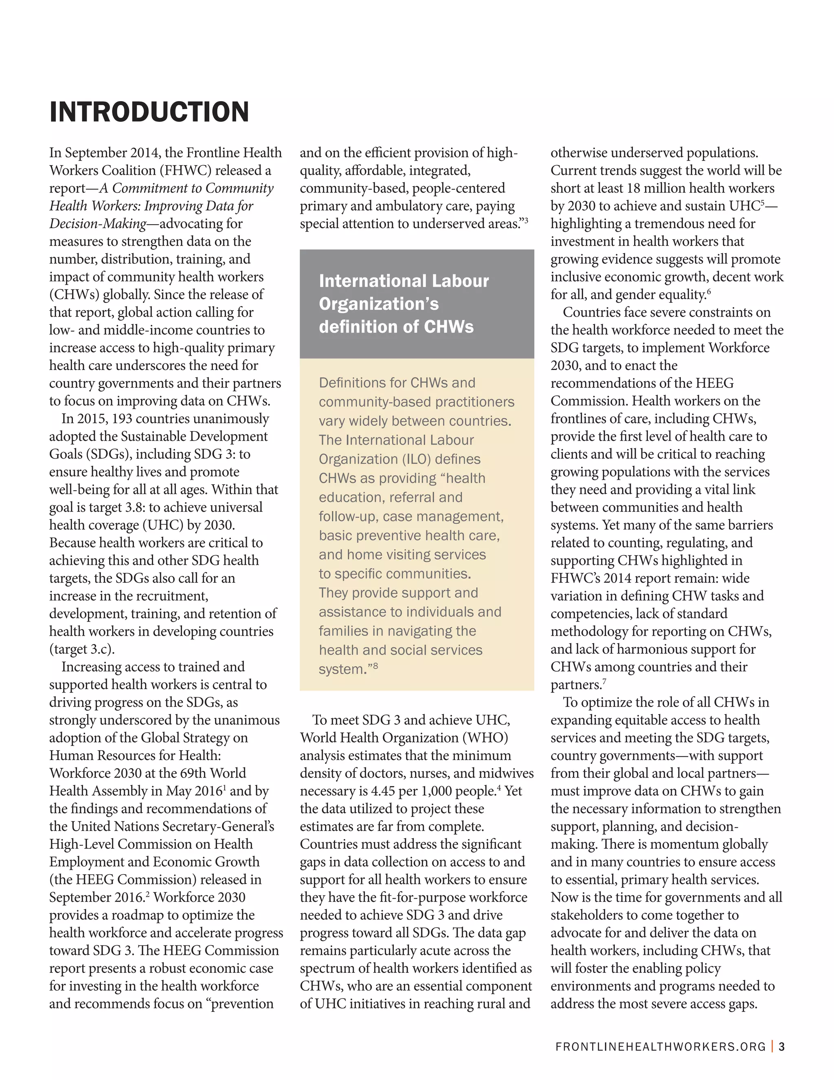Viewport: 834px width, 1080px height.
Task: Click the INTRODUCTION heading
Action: (x=149, y=112)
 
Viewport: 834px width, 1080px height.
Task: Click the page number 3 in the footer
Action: (x=781, y=1046)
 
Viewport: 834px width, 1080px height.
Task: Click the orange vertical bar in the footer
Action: (x=772, y=1046)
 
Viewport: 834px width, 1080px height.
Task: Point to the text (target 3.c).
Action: (x=82, y=649)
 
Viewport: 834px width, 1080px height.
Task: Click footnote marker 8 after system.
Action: (x=376, y=666)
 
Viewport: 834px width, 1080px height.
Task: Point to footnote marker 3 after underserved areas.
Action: (x=526, y=220)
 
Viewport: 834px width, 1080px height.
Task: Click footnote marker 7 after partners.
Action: (x=604, y=682)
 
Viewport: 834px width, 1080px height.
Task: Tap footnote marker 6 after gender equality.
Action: (x=709, y=291)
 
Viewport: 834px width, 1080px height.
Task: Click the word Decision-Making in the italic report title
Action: (x=98, y=224)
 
